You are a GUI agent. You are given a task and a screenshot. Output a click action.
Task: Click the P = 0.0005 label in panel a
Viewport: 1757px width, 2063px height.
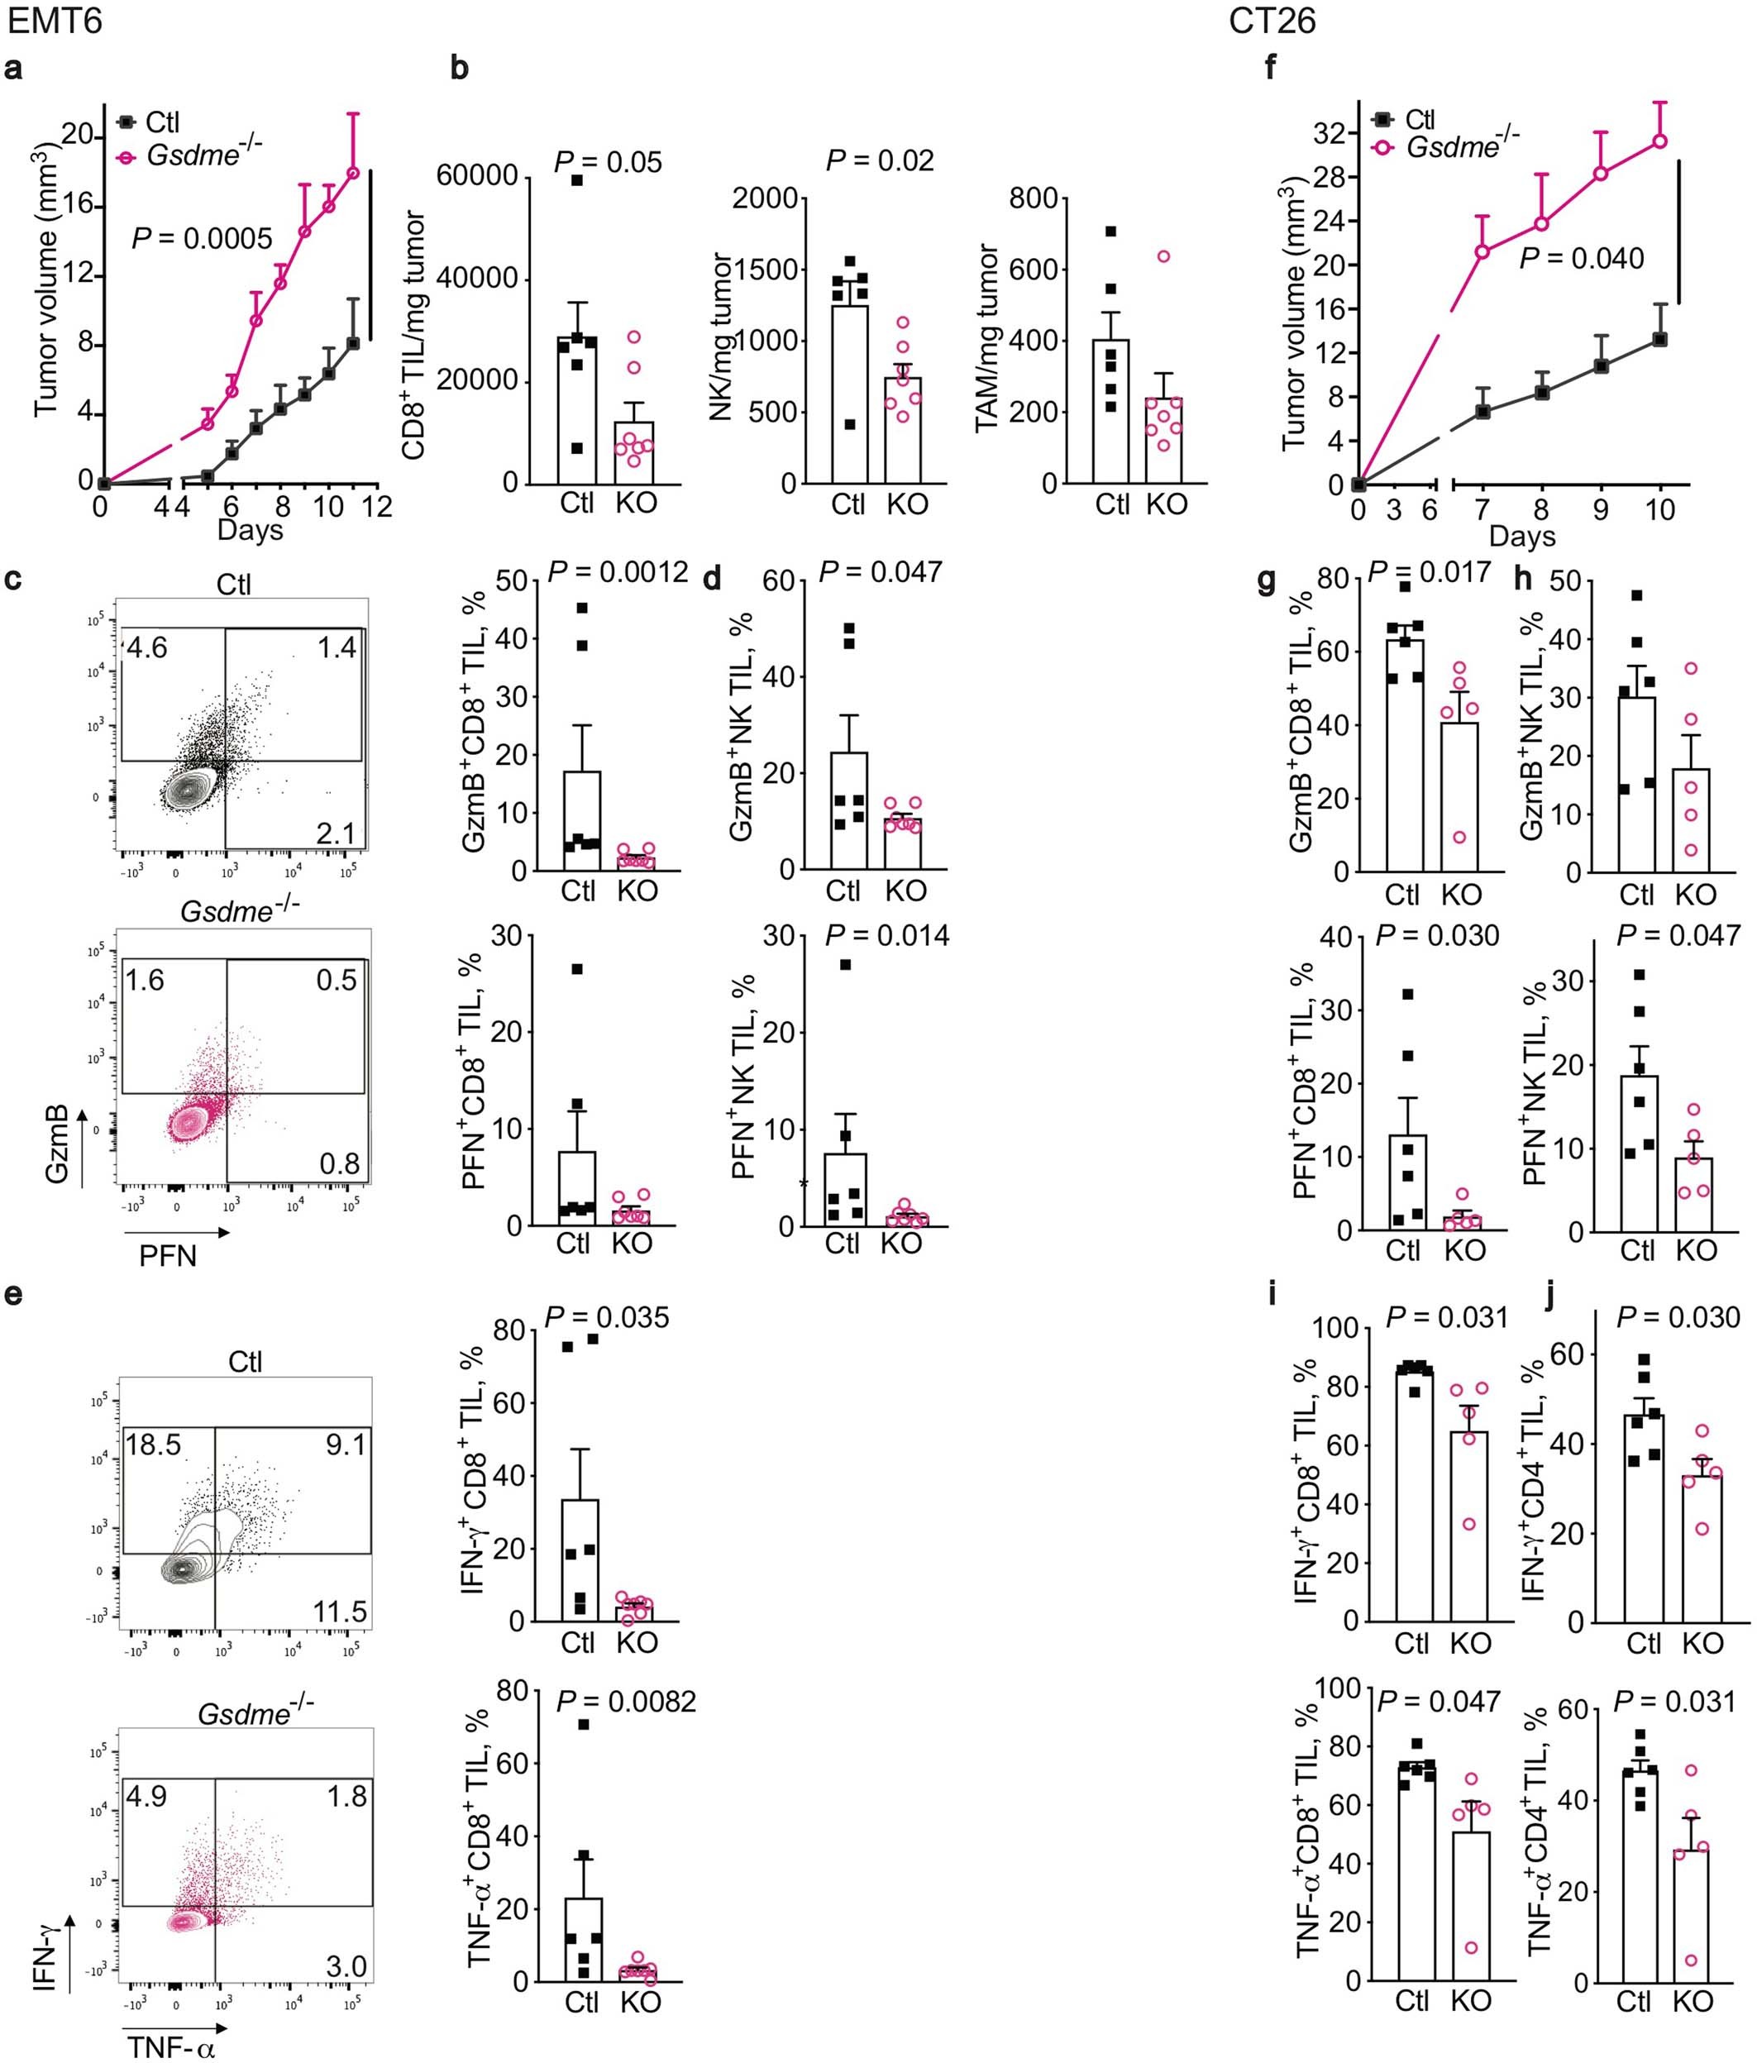[x=202, y=238]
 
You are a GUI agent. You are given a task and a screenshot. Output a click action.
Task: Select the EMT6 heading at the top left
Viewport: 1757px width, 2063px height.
[x=54, y=20]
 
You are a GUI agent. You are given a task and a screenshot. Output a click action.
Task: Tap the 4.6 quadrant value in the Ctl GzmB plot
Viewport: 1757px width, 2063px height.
[x=146, y=649]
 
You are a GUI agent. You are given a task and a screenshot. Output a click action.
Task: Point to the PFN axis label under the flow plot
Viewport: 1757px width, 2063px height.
[x=167, y=1255]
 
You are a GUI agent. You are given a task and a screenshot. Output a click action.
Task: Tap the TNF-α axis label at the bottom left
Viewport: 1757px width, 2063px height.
[x=170, y=2046]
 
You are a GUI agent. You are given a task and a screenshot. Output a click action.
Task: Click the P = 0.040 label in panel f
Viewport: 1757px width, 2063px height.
[x=1581, y=259]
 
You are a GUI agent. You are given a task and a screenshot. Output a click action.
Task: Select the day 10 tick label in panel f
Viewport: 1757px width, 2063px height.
[x=1659, y=511]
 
